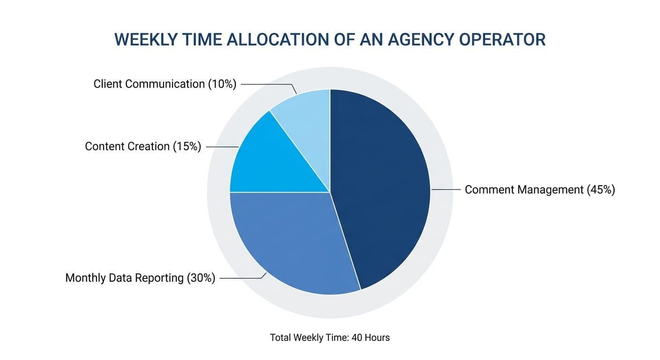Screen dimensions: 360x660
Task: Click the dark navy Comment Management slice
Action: (x=380, y=187)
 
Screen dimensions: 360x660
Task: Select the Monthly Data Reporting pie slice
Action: (x=291, y=239)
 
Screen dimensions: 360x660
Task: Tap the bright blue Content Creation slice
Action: (x=272, y=159)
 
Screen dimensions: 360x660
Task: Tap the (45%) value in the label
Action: (x=600, y=190)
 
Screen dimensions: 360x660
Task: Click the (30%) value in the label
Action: (x=201, y=278)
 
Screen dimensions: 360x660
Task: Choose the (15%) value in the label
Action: (x=187, y=147)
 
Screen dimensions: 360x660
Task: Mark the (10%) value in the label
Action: (x=222, y=84)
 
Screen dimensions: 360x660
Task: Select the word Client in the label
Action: (x=107, y=84)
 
